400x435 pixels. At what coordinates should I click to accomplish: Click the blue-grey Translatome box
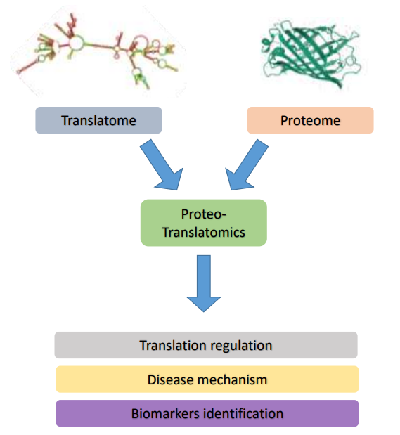coord(98,120)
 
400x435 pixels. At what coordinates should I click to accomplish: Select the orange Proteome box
coord(310,120)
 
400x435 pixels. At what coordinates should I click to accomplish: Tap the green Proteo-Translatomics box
coord(204,222)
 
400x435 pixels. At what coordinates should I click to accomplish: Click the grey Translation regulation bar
coord(206,345)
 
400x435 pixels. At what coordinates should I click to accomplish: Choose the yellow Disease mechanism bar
coord(207,379)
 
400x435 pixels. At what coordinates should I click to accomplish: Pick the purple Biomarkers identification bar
coord(207,413)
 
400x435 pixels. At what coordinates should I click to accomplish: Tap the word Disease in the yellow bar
coord(169,379)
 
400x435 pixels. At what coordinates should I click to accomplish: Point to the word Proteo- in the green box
coord(204,214)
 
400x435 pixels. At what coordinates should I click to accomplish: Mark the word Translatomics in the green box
coord(204,231)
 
